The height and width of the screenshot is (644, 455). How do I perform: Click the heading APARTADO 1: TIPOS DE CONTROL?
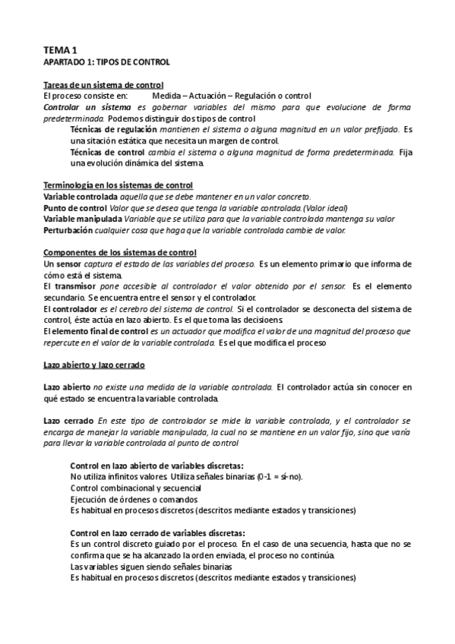tap(106, 61)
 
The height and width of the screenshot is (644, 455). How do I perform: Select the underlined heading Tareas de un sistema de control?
tap(104, 85)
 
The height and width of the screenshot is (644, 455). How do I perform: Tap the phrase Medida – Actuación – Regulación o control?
tap(232, 96)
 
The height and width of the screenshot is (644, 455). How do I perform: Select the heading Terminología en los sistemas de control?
tap(118, 185)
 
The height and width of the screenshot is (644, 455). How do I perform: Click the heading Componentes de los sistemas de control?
tap(119, 252)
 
